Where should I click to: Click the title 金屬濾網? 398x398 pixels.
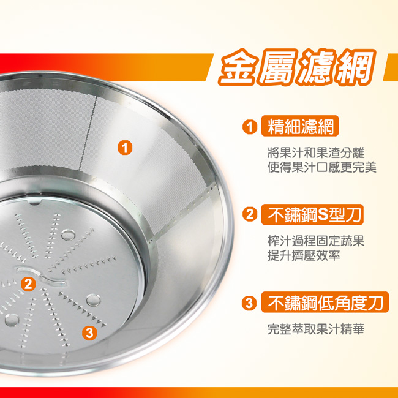(296, 67)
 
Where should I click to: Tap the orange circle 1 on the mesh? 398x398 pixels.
(125, 148)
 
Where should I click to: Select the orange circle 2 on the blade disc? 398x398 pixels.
(28, 283)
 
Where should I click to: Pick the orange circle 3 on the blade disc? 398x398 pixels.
(89, 332)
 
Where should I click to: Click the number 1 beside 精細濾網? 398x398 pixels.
(250, 127)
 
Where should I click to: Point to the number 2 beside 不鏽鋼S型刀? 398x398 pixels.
(250, 214)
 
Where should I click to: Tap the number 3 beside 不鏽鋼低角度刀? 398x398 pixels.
(249, 303)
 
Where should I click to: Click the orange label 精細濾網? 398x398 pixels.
(300, 126)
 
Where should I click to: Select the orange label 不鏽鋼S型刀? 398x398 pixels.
(312, 214)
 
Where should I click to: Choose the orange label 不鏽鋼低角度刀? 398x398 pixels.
(325, 302)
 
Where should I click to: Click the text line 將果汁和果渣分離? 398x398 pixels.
(316, 153)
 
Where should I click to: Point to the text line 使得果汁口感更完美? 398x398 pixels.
(322, 167)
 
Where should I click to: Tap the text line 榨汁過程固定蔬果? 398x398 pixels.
(316, 241)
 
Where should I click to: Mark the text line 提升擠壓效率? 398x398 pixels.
(304, 255)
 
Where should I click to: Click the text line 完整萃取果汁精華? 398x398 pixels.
(316, 329)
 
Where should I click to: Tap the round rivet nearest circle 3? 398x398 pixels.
(93, 300)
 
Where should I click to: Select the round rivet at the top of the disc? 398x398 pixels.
(68, 235)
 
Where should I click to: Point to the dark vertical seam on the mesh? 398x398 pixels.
(88, 133)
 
